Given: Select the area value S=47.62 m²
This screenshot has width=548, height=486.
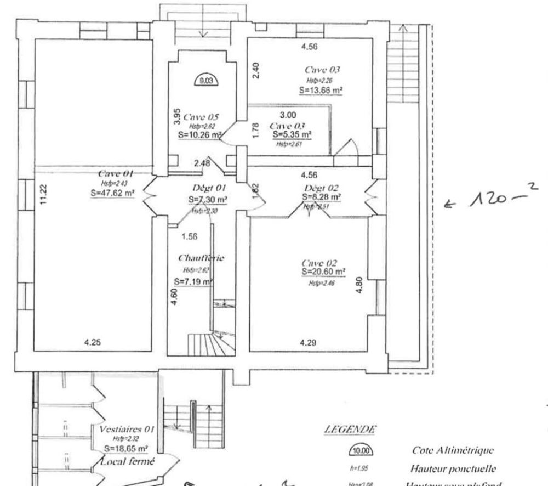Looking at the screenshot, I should tap(111, 192).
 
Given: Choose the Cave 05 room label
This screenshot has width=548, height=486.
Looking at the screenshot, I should tap(201, 117).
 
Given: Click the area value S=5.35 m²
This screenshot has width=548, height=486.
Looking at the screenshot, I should tap(290, 134).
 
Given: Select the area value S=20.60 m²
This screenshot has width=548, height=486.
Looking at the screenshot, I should tap(323, 272).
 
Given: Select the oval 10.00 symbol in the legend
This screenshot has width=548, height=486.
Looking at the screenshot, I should tap(360, 451).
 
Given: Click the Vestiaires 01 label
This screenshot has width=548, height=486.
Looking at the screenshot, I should tap(127, 429).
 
